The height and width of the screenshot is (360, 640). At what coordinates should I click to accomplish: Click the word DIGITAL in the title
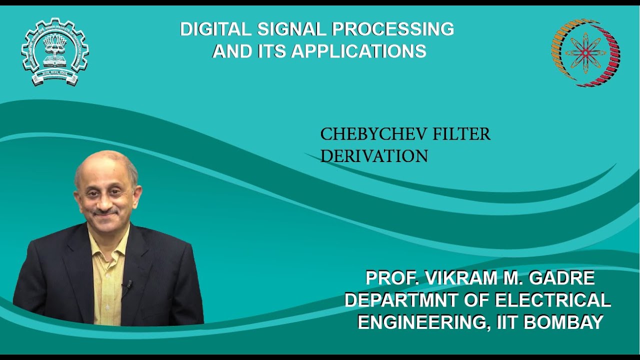point(215,29)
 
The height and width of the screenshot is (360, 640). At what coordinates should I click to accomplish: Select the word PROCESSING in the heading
point(393,29)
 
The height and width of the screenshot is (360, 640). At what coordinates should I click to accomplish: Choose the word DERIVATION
point(374,156)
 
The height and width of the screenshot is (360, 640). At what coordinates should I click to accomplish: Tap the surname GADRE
point(564,277)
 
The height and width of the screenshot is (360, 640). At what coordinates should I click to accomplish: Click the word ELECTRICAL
point(552,300)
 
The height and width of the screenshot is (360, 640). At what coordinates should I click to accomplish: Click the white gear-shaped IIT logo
point(55,51)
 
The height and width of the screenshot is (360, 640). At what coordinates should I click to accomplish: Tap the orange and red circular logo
point(585,52)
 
